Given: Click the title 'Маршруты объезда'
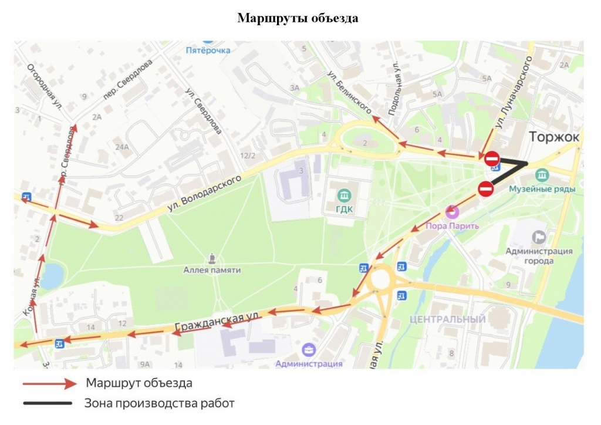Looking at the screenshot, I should pos(298,18).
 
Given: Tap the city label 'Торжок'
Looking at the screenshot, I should pos(554,137).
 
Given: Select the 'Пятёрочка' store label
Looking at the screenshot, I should pos(208,50).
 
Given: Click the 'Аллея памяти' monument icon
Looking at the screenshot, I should pos(212,258).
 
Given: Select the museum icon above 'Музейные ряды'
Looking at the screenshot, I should pos(542,175).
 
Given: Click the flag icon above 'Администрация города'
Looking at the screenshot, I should pos(538,237).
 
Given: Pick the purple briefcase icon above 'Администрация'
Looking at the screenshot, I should pos(309,350).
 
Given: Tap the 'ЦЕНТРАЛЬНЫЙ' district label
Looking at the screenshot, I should pos(448,319).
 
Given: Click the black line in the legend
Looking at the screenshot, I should pos(48,403).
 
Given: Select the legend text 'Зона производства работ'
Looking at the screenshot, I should pos(159,403).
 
